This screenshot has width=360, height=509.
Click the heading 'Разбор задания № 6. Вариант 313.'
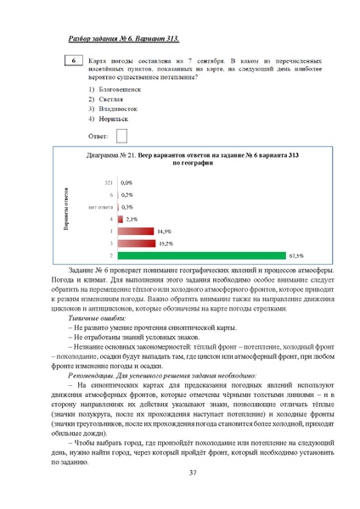(124, 40)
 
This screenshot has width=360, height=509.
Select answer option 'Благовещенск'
(118, 88)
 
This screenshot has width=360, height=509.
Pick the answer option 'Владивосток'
(117, 109)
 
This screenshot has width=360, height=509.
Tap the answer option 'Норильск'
(113, 120)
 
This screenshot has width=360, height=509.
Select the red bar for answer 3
(137, 243)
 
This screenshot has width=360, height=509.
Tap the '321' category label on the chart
(108, 182)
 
